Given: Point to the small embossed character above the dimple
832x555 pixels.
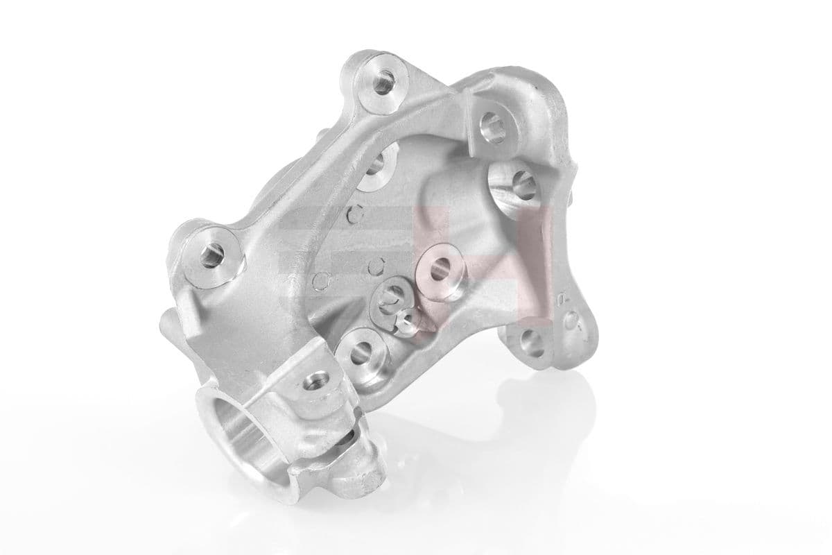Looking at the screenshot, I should point(568,297).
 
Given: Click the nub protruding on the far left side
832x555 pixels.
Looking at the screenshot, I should point(164,323).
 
